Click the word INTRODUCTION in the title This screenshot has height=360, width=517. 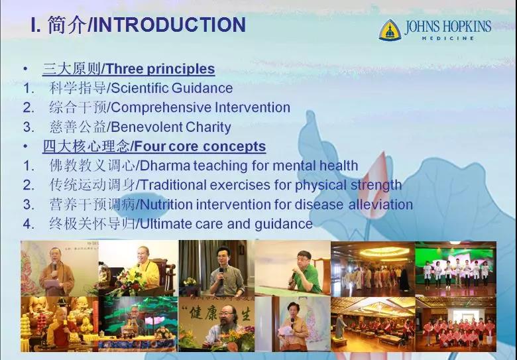click(170, 25)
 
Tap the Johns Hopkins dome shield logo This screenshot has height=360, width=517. click(390, 30)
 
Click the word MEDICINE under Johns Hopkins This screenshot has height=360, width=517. click(448, 38)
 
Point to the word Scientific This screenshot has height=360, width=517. click(140, 88)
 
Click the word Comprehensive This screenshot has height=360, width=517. click(162, 108)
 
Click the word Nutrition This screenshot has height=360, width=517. click(166, 204)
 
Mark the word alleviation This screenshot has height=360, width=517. click(381, 204)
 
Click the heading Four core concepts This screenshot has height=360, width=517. click(200, 147)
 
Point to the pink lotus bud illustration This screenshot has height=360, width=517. click(378, 184)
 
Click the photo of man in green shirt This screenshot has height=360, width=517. click(292, 268)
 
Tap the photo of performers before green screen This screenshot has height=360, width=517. click(455, 269)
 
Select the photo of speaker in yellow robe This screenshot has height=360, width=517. click(139, 268)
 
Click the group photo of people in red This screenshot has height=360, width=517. click(455, 324)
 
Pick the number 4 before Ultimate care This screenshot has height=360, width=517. click(28, 224)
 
